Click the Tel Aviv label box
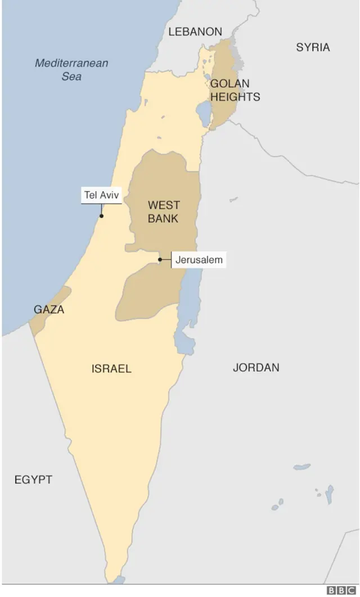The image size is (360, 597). coord(102,196)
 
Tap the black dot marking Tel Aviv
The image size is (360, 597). coord(101,215)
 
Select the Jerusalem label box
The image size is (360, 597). coord(199,260)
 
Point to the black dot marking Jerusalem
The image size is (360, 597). coord(160,260)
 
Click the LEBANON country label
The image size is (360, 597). coord(195,32)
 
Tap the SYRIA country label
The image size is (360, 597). coord(313,47)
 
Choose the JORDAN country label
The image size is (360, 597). coord(256,368)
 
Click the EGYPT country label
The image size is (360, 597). coord(33,480)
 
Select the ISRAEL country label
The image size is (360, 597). coord(111,369)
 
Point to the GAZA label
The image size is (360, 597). coord(49,310)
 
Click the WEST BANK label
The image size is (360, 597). coord(163,211)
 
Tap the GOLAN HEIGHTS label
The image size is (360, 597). coord(235,90)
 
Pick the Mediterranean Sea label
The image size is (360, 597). coord(71,69)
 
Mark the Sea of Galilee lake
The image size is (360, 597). coord(203,112)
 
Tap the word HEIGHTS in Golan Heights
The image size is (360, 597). coord(235,97)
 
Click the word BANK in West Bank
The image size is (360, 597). coord(163,218)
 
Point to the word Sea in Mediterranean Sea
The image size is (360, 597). coord(71,76)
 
